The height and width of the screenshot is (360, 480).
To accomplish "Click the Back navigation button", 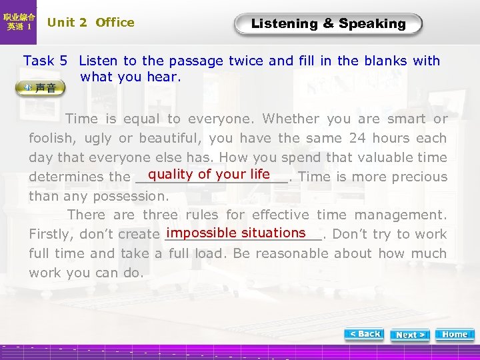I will point(365,334).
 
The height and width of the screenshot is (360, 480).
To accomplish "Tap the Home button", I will point(455,334).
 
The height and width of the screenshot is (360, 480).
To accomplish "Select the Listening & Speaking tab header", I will point(328,24).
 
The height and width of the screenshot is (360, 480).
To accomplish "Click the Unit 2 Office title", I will point(91,23).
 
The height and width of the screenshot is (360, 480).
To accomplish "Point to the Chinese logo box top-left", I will point(19,22).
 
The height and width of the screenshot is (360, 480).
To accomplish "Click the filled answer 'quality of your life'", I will point(209,175).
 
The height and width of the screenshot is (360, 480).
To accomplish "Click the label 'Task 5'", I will point(45,61).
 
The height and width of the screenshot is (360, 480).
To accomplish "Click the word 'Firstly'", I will point(51,234).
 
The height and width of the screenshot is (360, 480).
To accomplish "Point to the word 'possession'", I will point(133,196).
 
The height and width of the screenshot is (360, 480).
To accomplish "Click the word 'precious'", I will point(419,177).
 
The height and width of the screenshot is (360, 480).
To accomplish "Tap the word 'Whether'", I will point(291,119).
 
